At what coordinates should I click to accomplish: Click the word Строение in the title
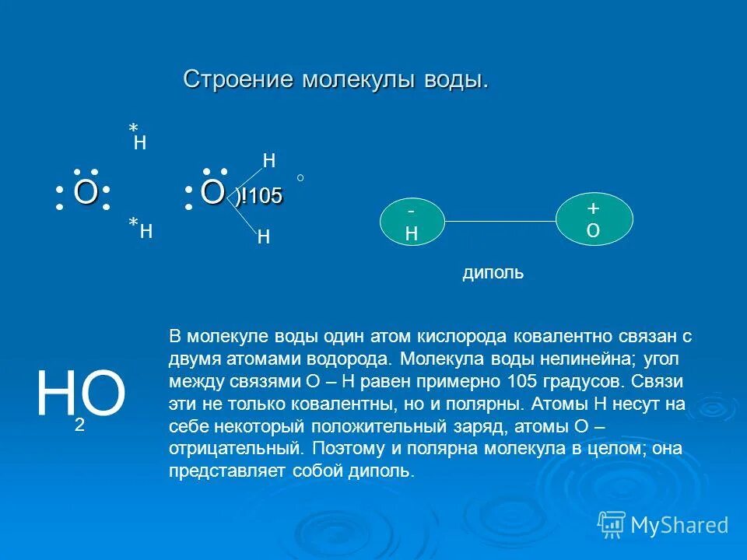click(239, 80)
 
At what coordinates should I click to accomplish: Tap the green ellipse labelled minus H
click(412, 222)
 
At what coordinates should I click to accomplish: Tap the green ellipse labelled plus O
click(594, 220)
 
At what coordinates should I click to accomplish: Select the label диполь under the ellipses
click(493, 273)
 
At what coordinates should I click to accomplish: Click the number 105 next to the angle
click(266, 197)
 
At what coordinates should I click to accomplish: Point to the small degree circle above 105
click(300, 178)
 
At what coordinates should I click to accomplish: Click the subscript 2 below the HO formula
click(79, 425)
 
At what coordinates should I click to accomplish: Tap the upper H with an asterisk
click(140, 142)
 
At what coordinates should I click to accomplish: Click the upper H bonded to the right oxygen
click(269, 161)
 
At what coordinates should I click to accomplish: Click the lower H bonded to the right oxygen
click(263, 238)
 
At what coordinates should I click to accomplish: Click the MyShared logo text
click(679, 525)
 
